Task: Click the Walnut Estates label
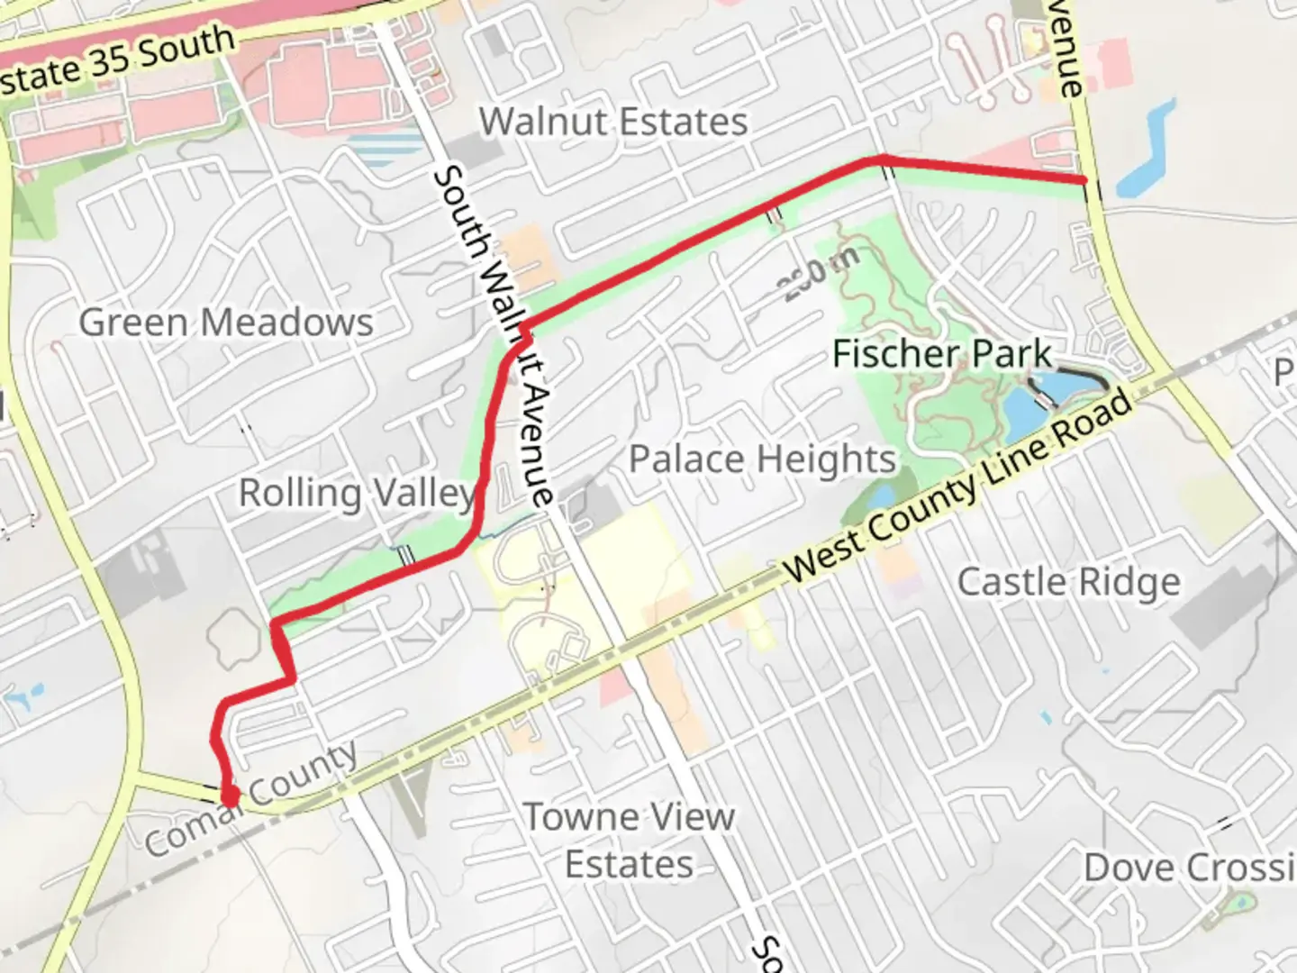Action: [613, 122]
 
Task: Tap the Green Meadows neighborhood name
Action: [226, 323]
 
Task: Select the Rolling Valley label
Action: [357, 493]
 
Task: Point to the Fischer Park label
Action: [941, 353]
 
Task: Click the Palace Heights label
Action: [762, 459]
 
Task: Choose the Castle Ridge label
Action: [1068, 582]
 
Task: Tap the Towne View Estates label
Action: [630, 840]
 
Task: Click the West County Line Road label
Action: [959, 486]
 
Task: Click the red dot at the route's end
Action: [230, 796]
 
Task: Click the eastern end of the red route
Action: [1083, 181]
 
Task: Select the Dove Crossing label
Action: [1189, 868]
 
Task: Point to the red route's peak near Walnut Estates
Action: [881, 160]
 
